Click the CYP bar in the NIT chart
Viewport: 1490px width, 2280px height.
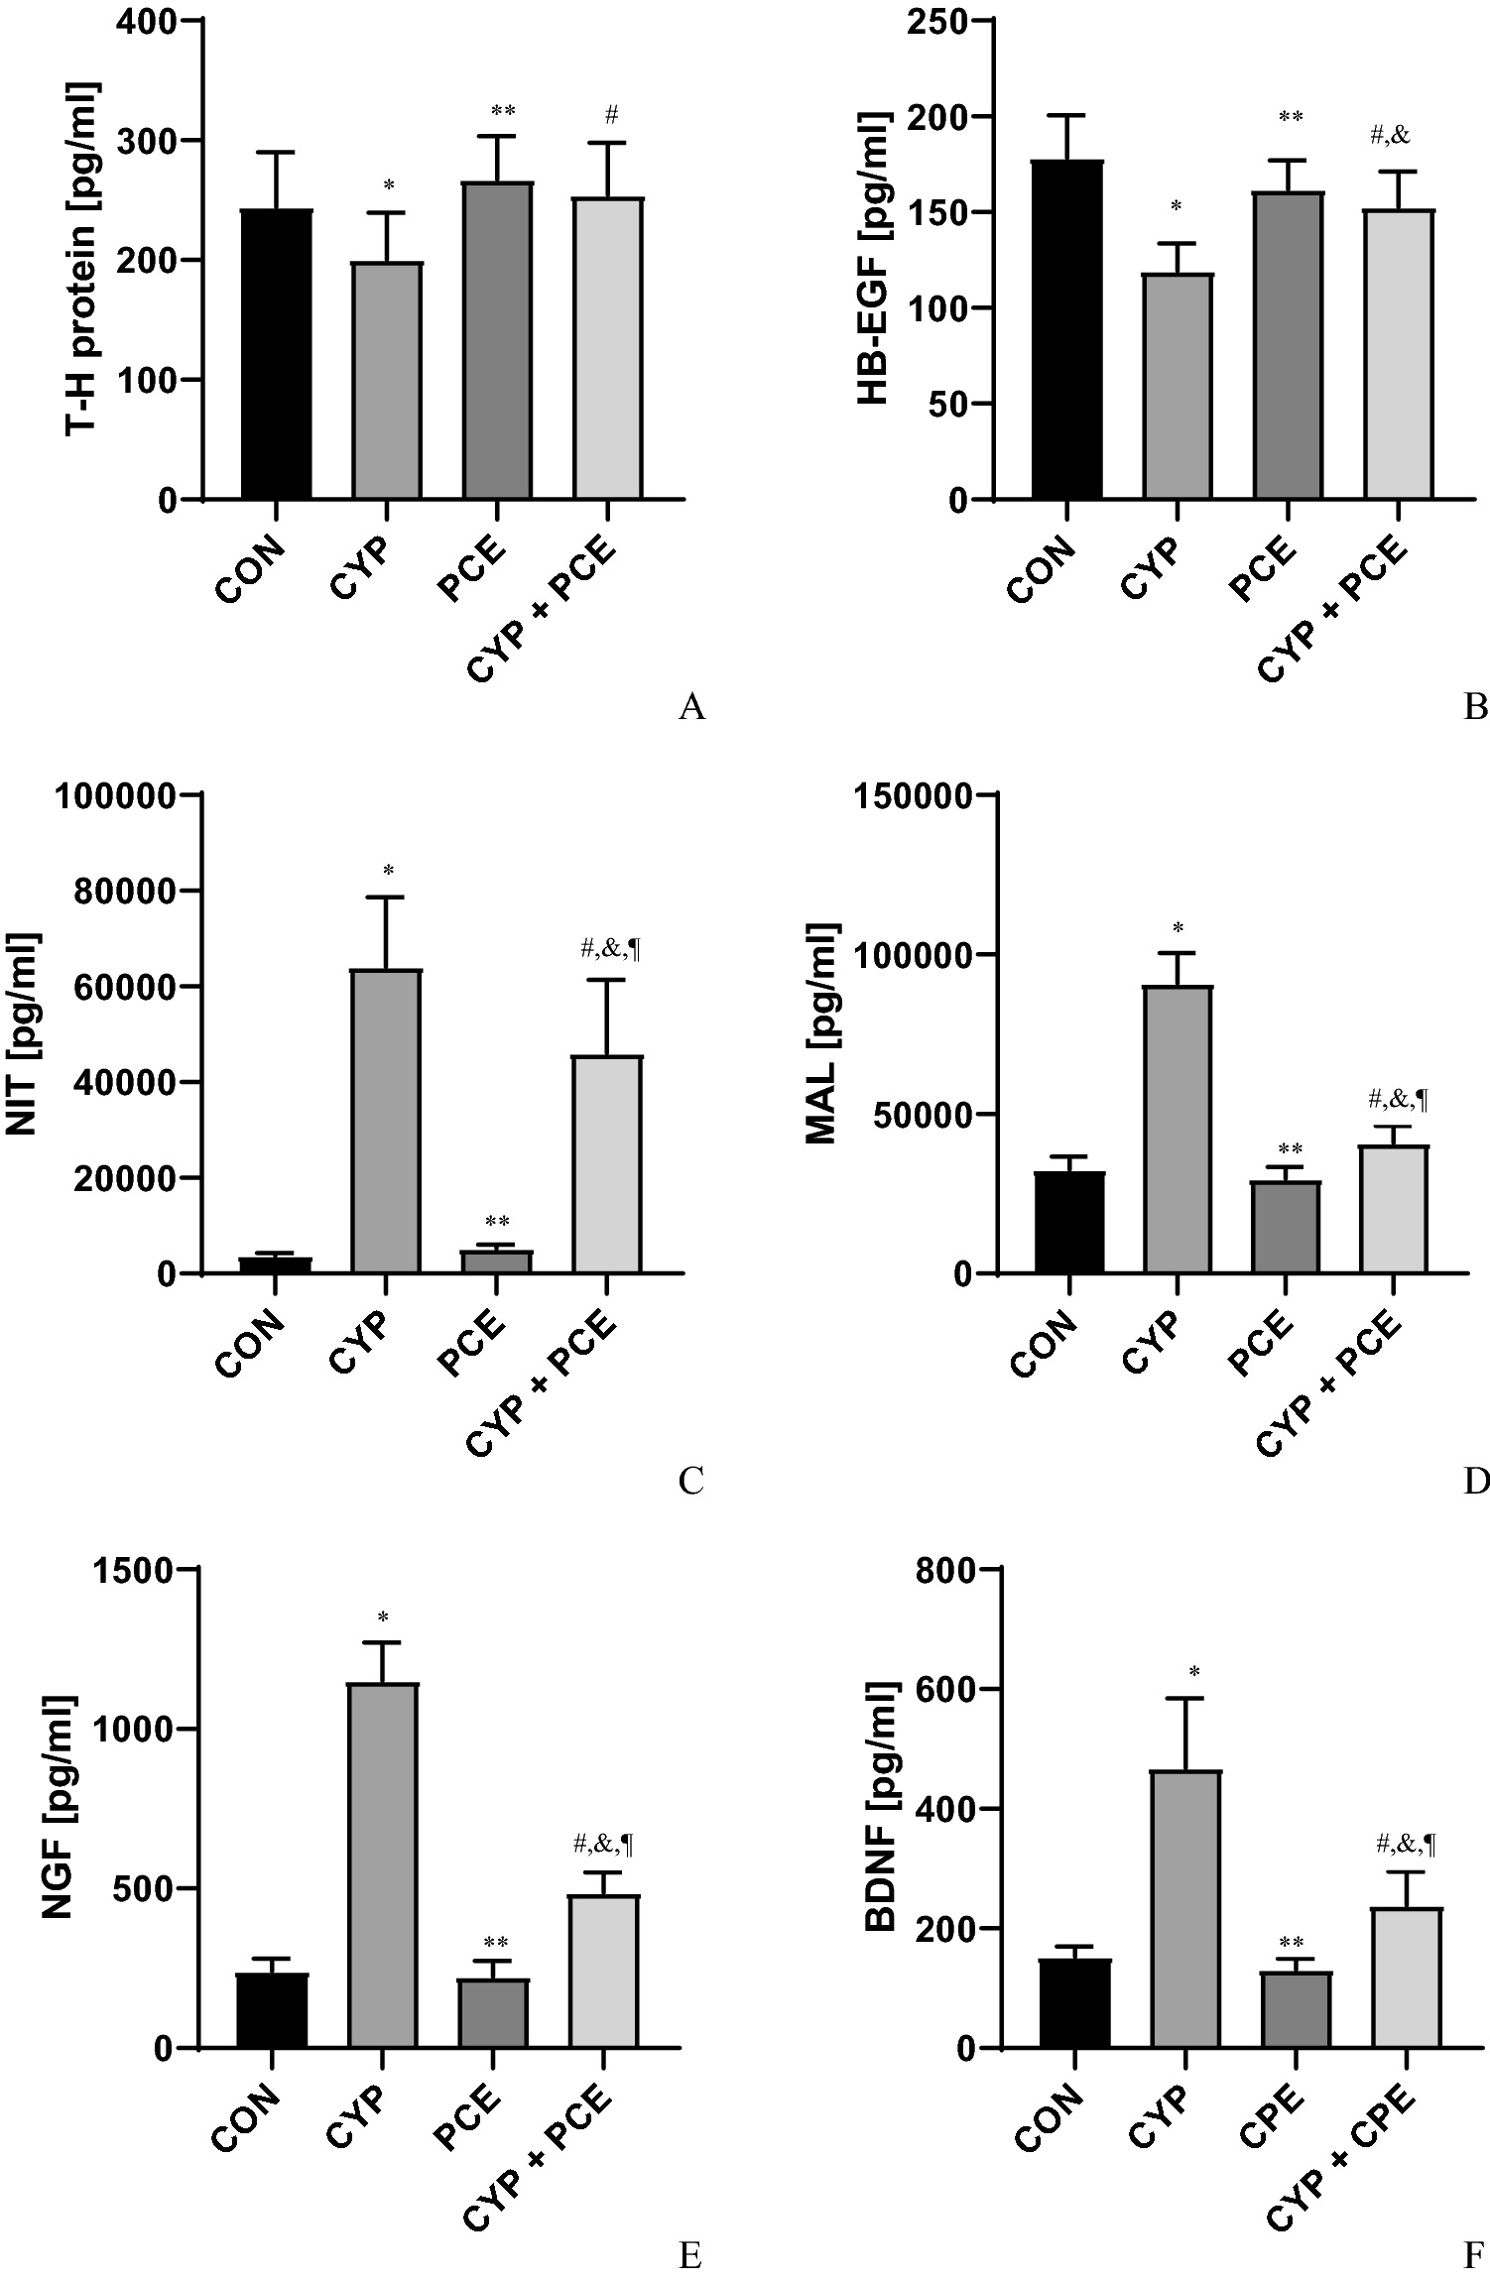387,1122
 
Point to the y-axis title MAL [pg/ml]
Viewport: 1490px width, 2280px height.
822,1033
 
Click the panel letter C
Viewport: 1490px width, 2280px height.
690,1481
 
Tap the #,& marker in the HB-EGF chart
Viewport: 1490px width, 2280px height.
1390,136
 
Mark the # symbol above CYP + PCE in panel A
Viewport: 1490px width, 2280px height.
611,116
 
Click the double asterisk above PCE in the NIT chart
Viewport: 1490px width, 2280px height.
497,1222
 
